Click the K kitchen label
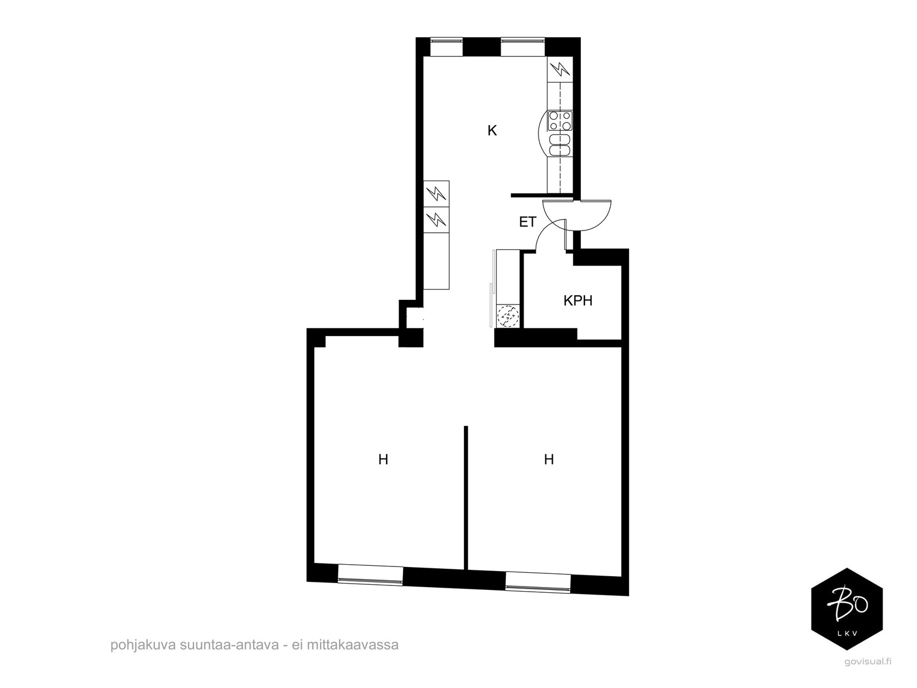[x=491, y=131]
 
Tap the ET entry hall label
[x=527, y=222]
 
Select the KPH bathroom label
[x=577, y=300]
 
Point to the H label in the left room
[x=383, y=459]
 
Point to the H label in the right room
[x=548, y=459]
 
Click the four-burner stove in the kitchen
[x=560, y=120]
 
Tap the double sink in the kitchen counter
[x=560, y=145]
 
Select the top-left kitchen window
[x=446, y=47]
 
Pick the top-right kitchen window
[x=522, y=47]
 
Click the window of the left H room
[x=370, y=575]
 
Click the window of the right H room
[x=538, y=582]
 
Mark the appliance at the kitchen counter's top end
[x=560, y=69]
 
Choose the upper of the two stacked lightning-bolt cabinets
[x=436, y=194]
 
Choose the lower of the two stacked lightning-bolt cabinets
[x=436, y=220]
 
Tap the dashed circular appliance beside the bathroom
[x=508, y=316]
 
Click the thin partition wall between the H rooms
[x=466, y=498]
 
